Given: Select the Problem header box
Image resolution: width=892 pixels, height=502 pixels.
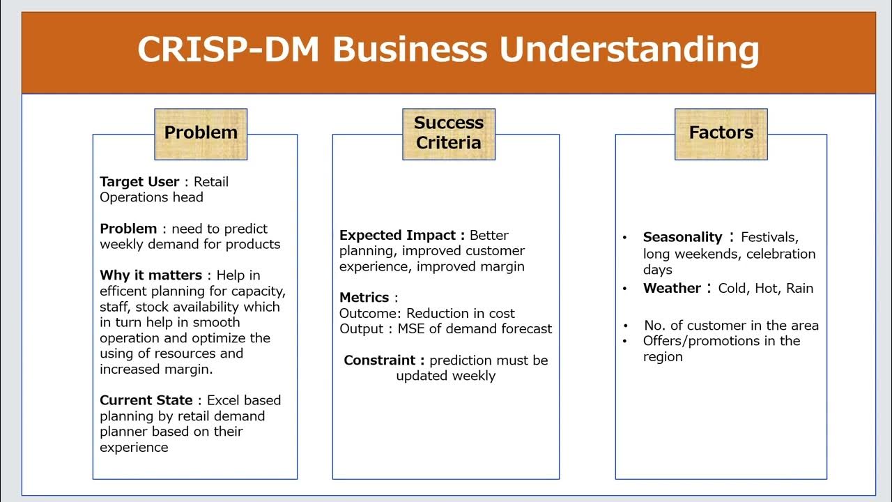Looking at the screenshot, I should click(x=201, y=133).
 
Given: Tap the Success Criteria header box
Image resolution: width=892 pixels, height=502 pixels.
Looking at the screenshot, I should click(x=448, y=133).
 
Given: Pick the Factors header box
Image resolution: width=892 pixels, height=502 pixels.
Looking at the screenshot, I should click(x=721, y=133).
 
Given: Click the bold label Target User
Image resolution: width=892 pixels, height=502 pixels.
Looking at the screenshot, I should click(x=139, y=182).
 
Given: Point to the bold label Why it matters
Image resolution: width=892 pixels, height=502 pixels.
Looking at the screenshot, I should click(x=151, y=275).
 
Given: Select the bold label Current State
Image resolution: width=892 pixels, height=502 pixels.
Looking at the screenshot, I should click(x=146, y=400).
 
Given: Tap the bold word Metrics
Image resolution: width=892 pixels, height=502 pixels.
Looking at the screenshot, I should click(x=364, y=298).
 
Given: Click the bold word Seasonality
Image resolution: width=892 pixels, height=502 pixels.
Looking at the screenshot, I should click(x=682, y=238).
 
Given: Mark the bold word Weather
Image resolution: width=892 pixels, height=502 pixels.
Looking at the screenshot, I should click(x=672, y=289).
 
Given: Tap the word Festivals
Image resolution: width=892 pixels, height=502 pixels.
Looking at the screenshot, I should click(x=769, y=238).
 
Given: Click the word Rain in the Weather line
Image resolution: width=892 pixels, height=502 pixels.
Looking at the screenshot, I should click(x=799, y=289).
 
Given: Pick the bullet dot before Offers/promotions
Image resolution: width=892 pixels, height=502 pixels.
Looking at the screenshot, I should click(x=626, y=342).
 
